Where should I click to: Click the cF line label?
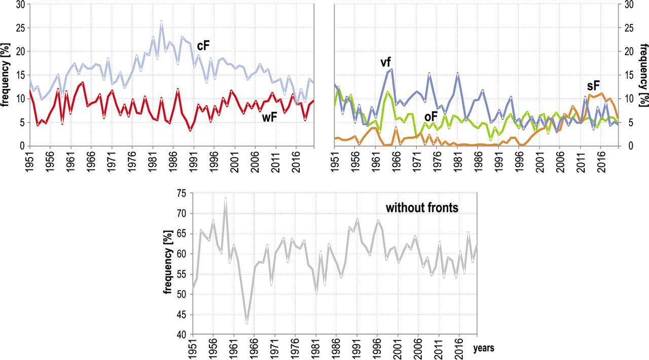click(x=203, y=46)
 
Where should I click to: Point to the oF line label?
click(x=430, y=117)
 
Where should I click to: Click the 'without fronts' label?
click(x=422, y=207)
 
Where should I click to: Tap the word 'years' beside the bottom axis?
click(x=484, y=348)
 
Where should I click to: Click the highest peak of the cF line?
click(x=161, y=21)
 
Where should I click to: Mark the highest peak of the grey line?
click(x=225, y=198)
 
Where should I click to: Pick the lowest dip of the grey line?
click(x=246, y=322)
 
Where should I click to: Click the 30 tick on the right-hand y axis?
click(x=628, y=5)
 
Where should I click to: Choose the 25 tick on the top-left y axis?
click(x=19, y=28)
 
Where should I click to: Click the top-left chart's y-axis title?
click(x=6, y=76)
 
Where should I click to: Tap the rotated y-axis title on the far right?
click(x=643, y=75)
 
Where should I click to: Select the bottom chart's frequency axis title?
click(x=168, y=264)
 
